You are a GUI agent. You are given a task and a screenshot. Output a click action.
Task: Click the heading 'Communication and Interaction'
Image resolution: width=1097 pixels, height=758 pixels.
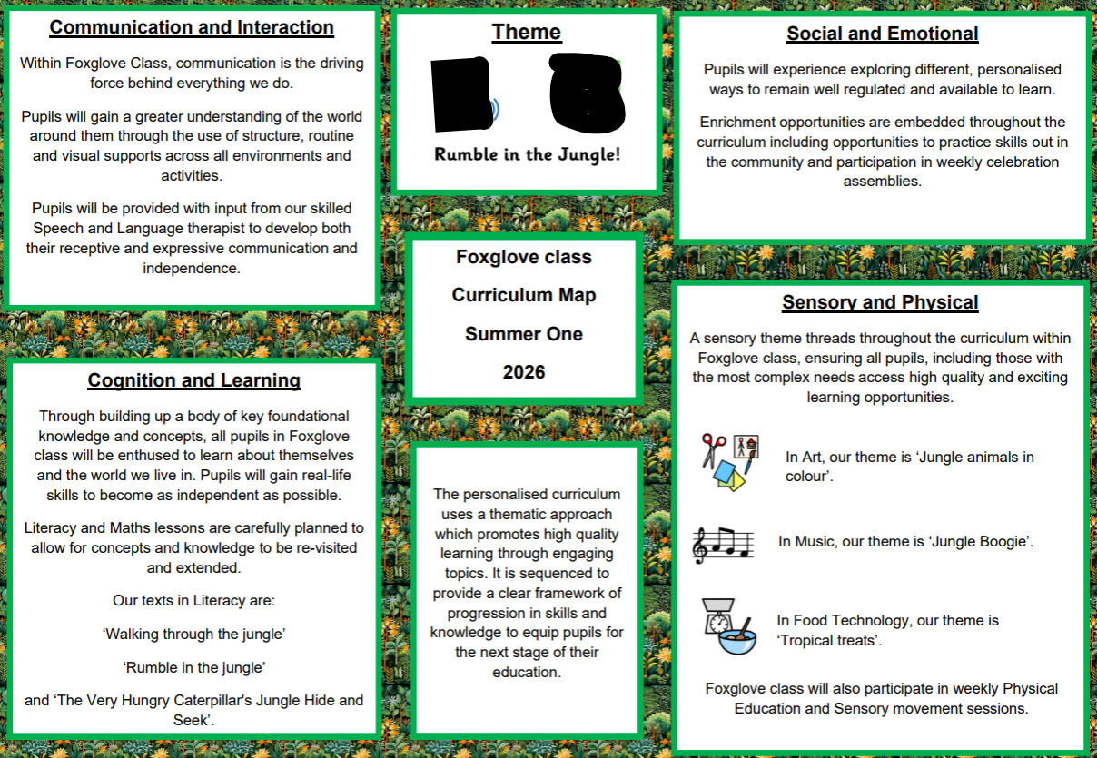(x=192, y=27)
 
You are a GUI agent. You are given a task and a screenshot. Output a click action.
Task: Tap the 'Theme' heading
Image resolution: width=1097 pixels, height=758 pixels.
(x=527, y=33)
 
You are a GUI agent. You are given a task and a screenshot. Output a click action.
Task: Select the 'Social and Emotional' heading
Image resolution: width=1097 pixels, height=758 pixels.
(x=882, y=34)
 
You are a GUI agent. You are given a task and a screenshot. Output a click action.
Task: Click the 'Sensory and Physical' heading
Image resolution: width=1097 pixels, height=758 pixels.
(x=880, y=303)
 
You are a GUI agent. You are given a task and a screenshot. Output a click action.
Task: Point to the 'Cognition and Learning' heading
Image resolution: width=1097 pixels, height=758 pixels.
(x=193, y=380)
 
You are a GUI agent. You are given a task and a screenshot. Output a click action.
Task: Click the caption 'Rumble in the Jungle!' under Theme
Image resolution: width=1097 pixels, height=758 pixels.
(x=528, y=154)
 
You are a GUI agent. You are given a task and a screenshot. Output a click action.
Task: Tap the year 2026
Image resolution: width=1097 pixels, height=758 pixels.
(x=524, y=372)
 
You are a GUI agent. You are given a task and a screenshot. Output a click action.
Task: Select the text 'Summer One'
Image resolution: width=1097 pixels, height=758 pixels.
(x=524, y=334)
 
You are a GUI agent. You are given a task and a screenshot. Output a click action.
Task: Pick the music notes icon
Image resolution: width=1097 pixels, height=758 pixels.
(x=723, y=542)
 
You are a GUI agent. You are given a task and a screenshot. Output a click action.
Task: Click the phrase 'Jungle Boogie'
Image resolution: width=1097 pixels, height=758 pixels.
(x=980, y=542)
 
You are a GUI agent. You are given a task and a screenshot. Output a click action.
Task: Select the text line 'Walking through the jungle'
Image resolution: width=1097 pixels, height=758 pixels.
(x=193, y=634)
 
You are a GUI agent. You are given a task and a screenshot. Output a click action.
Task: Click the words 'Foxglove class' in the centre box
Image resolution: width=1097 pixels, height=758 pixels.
(x=524, y=257)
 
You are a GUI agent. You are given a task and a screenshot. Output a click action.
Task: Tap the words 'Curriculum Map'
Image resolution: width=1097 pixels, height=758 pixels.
(x=524, y=295)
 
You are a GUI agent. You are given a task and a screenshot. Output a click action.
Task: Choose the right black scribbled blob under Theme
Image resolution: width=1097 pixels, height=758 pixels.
(x=587, y=93)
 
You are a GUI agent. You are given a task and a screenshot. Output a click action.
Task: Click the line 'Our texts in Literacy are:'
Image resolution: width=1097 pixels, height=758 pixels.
(x=193, y=601)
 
